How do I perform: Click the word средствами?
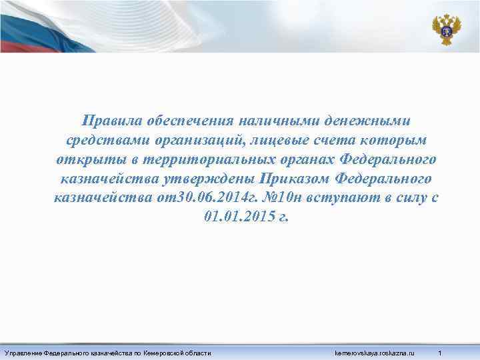(x=104, y=141)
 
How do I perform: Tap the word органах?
(x=310, y=160)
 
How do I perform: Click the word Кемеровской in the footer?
(x=170, y=351)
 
